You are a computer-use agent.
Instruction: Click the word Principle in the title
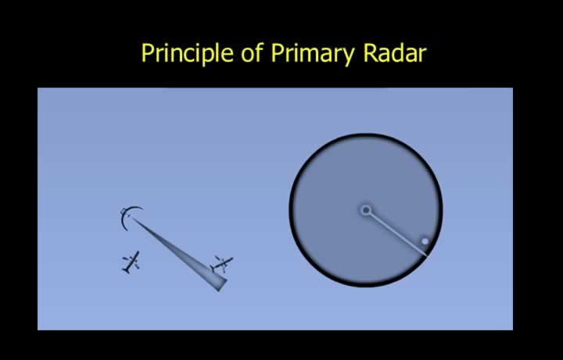[x=187, y=54]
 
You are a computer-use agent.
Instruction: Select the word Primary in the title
[x=312, y=54]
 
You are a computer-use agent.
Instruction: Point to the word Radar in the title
[x=395, y=53]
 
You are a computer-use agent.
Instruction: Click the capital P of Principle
[x=148, y=52]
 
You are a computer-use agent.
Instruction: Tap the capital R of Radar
[x=370, y=52]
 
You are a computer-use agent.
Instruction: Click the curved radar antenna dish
[x=127, y=217]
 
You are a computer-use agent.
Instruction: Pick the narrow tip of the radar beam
[x=134, y=219]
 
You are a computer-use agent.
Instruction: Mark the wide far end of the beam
[x=223, y=284]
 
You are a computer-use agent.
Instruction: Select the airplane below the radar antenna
[x=131, y=262]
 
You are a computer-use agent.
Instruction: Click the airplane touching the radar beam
[x=222, y=265]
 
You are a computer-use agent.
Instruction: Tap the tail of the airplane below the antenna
[x=126, y=271]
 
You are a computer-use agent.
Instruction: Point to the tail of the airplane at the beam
[x=213, y=268]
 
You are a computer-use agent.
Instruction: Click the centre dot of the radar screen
[x=366, y=210]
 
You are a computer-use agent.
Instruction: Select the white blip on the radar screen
[x=425, y=241]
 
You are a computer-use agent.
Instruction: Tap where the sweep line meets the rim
[x=427, y=256]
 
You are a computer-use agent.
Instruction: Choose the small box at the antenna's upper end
[x=124, y=211]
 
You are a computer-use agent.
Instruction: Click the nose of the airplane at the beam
[x=231, y=258]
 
